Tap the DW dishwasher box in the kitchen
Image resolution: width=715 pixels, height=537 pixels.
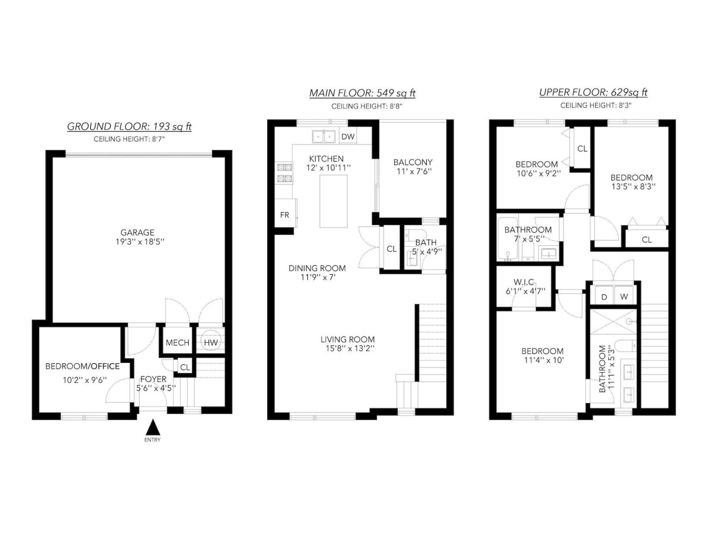pyautogui.click(x=348, y=136)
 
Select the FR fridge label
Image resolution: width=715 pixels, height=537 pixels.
pyautogui.click(x=284, y=215)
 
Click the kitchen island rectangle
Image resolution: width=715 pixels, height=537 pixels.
pyautogui.click(x=333, y=201)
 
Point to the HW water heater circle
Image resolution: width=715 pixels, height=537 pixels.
pyautogui.click(x=210, y=342)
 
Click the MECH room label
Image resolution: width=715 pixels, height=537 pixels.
pyautogui.click(x=177, y=343)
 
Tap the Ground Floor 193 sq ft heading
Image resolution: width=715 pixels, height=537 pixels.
pyautogui.click(x=129, y=127)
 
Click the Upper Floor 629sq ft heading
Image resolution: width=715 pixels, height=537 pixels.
pyautogui.click(x=593, y=93)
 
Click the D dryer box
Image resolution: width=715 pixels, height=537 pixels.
pyautogui.click(x=604, y=297)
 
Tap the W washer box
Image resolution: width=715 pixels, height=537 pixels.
pyautogui.click(x=624, y=297)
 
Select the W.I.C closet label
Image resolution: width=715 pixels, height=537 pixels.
pyautogui.click(x=524, y=282)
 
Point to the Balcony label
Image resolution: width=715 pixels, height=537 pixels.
pyautogui.click(x=413, y=162)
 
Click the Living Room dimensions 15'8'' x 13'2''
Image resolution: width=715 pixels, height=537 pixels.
pyautogui.click(x=347, y=349)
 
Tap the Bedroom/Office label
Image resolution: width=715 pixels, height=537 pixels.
pyautogui.click(x=83, y=367)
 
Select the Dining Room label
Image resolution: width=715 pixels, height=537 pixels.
pyautogui.click(x=317, y=268)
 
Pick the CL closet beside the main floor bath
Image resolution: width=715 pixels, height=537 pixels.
pyautogui.click(x=391, y=249)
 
